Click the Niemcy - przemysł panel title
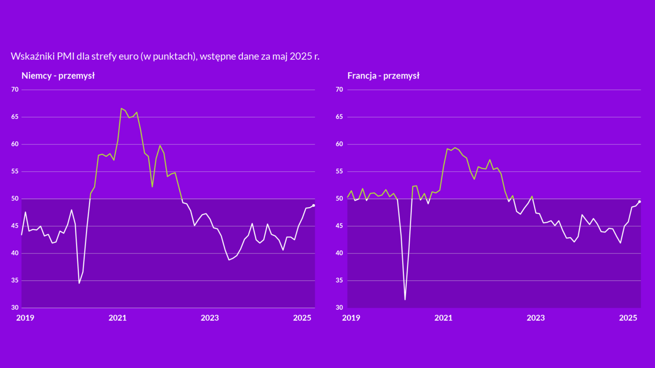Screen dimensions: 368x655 [58, 76]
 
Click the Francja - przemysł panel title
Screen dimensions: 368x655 [383, 76]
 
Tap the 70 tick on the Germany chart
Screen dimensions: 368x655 [15, 90]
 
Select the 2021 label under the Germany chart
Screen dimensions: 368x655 [118, 318]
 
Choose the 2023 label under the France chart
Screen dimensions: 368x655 [536, 318]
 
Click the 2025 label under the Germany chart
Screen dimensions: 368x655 [302, 318]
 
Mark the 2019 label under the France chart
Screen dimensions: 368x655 [351, 318]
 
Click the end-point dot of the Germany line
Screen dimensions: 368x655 [314, 205]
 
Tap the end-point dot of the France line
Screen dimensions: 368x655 [640, 202]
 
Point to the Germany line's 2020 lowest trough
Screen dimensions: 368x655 [79, 283]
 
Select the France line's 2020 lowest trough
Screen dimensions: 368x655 [405, 299]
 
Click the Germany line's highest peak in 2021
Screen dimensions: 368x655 [121, 109]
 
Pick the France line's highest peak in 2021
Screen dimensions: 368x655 [454, 148]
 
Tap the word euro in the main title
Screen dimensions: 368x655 [128, 56]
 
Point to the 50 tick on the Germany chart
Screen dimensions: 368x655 [15, 199]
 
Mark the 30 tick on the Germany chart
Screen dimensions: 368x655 [15, 308]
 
